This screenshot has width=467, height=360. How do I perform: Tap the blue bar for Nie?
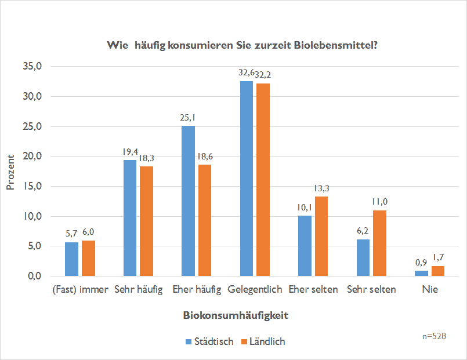pyautogui.click(x=421, y=273)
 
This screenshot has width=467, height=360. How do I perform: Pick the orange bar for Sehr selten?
pyautogui.click(x=379, y=243)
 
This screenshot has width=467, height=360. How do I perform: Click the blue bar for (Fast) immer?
pyautogui.click(x=71, y=259)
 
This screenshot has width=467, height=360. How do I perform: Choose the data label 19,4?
pyautogui.click(x=130, y=152)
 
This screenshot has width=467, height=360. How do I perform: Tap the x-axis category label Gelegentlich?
pyautogui.click(x=255, y=289)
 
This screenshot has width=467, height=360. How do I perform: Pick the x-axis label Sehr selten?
pyautogui.click(x=371, y=289)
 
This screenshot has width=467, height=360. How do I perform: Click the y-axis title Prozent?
pyautogui.click(x=10, y=172)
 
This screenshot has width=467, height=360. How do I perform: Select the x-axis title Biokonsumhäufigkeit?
pyautogui.click(x=236, y=316)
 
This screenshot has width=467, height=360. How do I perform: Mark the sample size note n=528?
pyautogui.click(x=434, y=336)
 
